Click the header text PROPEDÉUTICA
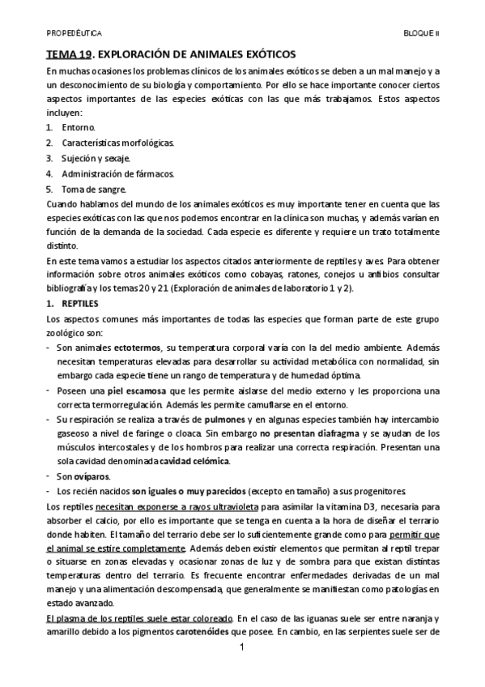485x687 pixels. (x=74, y=35)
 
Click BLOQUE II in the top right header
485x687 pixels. (x=421, y=35)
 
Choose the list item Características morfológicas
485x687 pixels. (x=117, y=143)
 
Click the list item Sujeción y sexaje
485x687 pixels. (x=96, y=158)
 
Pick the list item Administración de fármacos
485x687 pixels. (x=117, y=173)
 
